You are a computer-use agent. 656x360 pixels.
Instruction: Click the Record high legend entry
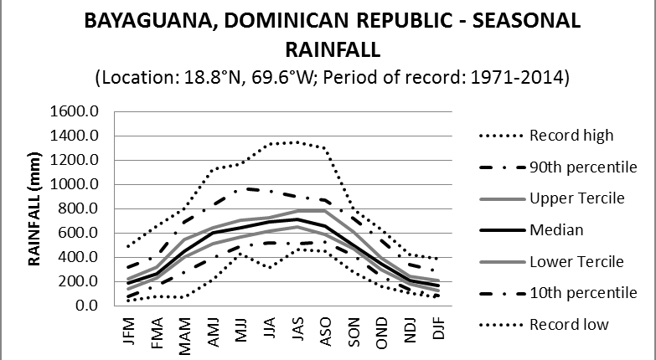(571, 136)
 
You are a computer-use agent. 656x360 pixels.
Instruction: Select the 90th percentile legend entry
(584, 167)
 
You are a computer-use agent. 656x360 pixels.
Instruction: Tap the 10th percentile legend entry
(584, 293)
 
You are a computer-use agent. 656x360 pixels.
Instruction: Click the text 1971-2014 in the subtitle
(529, 78)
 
